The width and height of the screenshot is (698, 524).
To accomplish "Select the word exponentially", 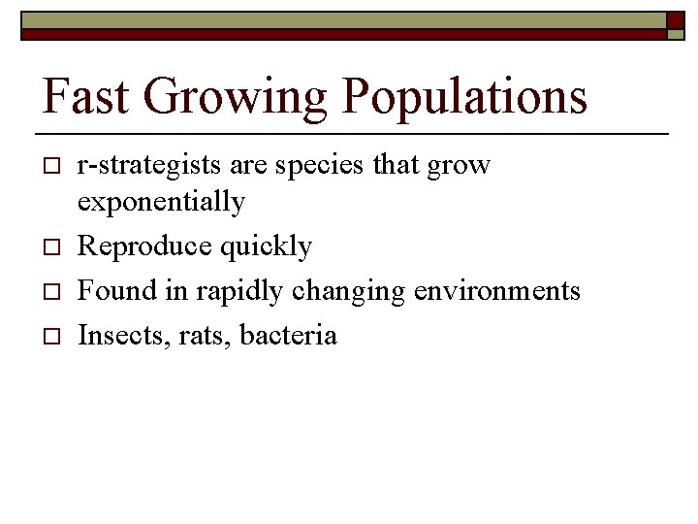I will point(161,203).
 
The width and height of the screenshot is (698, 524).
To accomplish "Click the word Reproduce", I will point(144,247).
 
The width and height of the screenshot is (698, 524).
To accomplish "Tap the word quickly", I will point(266,247).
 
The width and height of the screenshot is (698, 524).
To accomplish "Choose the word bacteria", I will point(288,336).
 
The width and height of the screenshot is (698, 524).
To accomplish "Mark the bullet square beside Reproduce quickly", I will point(51,247).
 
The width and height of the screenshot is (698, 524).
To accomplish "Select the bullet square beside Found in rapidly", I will point(51,291).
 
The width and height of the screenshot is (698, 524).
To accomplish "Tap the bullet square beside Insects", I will point(51,336).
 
